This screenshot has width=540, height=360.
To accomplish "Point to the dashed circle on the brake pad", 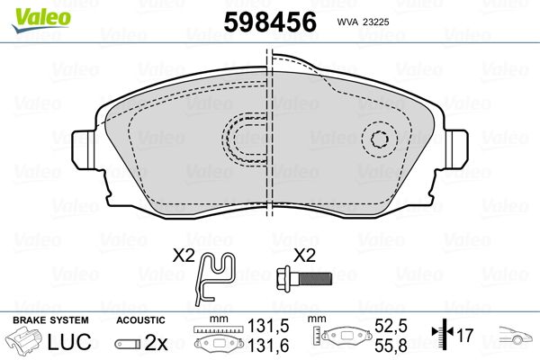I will (x=380, y=139).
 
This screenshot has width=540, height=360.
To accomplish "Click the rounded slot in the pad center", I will (x=244, y=139).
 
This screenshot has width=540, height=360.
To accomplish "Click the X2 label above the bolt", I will (x=305, y=255).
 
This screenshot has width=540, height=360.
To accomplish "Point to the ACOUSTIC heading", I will (x=140, y=320).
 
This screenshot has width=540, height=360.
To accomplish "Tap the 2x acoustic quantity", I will (x=156, y=342).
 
